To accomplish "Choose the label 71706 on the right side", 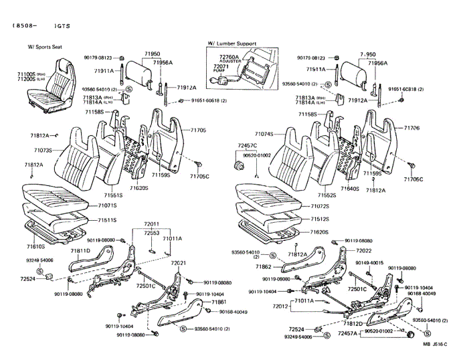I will (x=411, y=128).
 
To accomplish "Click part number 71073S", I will (x=43, y=151).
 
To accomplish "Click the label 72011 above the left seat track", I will (x=152, y=224).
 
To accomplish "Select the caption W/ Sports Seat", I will (x=45, y=48).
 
